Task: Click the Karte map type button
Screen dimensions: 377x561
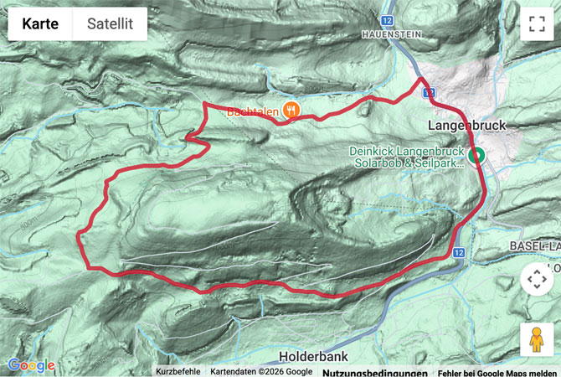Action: point(40,24)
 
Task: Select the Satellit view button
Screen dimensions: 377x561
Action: point(110,24)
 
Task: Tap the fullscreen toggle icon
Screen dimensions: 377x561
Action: point(537,24)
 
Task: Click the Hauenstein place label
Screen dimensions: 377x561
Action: point(389,34)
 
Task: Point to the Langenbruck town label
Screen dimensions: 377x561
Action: point(467,124)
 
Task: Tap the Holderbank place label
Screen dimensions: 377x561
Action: point(332,355)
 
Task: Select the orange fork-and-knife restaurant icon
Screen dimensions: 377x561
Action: point(291,110)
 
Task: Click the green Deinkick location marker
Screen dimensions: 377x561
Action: point(476,155)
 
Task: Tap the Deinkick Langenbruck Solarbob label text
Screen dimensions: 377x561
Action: point(407,158)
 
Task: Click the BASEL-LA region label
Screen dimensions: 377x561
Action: point(534,245)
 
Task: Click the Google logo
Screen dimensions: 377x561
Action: point(31,365)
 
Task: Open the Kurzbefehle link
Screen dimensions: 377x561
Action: point(178,372)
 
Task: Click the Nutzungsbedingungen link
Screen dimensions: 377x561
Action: point(374,372)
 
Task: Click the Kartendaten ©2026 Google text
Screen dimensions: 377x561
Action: point(261,372)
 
